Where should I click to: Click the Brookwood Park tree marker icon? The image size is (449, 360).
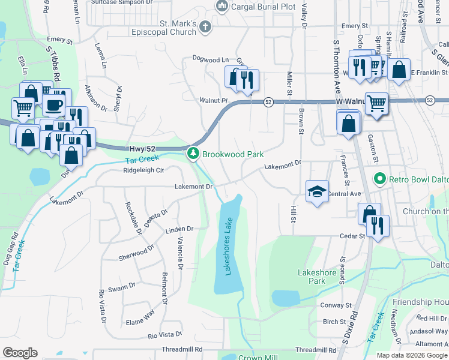pyautogui.click(x=193, y=154)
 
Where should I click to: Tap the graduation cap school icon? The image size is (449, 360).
pyautogui.click(x=318, y=191)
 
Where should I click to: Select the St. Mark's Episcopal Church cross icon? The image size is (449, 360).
pyautogui.click(x=206, y=26)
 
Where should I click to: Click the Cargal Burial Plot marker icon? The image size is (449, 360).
pyautogui.click(x=221, y=7)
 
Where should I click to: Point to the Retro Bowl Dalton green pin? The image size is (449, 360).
pyautogui.click(x=379, y=179)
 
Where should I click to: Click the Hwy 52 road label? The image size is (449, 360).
pyautogui.click(x=142, y=149)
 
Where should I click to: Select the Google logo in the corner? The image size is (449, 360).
pyautogui.click(x=20, y=352)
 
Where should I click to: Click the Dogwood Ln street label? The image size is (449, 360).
pyautogui.click(x=211, y=59)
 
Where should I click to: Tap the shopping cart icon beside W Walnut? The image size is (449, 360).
pyautogui.click(x=376, y=103)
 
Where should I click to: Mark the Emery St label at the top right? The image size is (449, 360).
pyautogui.click(x=354, y=26)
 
